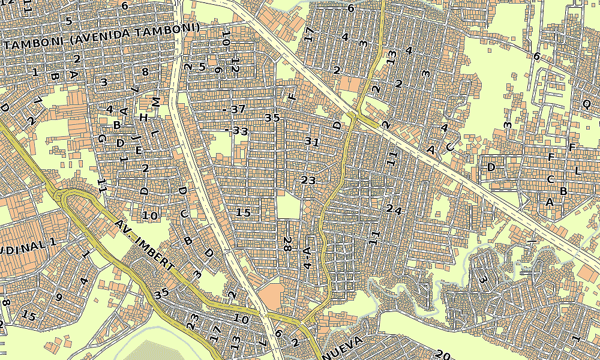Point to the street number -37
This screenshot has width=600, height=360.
coord(235,109)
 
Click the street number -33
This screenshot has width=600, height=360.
coord(236,130)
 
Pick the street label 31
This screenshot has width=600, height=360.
coord(312,142)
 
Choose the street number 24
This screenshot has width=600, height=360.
coord(394,209)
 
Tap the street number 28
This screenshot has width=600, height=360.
coord(287,244)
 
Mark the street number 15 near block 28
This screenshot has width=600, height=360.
coord(243,212)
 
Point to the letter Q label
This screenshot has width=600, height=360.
coord(586,103)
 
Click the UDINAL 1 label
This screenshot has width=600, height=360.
coord(27,245)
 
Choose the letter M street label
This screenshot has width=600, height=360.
coord(156,102)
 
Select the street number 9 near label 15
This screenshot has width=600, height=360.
coord(58,296)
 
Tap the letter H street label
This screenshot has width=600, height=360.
coord(143,118)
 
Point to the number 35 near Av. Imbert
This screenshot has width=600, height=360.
coord(161,294)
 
